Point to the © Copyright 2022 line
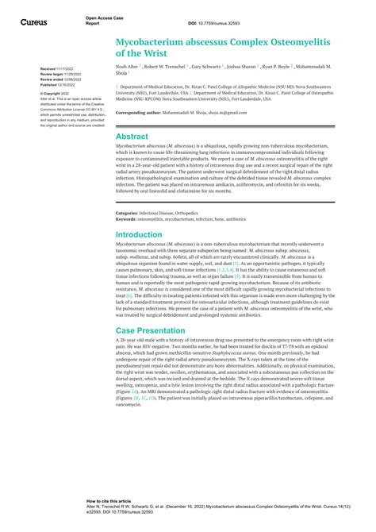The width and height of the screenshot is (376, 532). click(56, 93)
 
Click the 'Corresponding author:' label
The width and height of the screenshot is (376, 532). click(142, 113)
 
